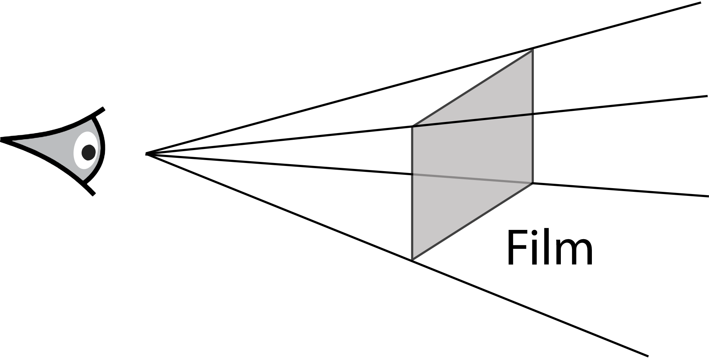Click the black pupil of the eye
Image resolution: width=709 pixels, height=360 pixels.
88,152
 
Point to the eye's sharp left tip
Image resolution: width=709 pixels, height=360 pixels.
2,140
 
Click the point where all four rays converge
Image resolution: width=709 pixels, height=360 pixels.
147,153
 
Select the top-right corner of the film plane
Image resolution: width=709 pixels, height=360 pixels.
532,49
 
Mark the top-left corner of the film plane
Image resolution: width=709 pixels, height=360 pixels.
412,126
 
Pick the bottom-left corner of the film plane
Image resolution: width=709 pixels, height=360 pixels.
412,260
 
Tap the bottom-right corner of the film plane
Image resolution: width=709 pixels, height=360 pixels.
532,183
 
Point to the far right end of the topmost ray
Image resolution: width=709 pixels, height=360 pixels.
700,3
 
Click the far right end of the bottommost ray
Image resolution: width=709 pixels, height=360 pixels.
647,356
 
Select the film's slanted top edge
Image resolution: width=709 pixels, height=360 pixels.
473,88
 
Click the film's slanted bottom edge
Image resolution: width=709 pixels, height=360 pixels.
473,221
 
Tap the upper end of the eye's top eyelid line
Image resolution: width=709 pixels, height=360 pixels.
103,109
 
